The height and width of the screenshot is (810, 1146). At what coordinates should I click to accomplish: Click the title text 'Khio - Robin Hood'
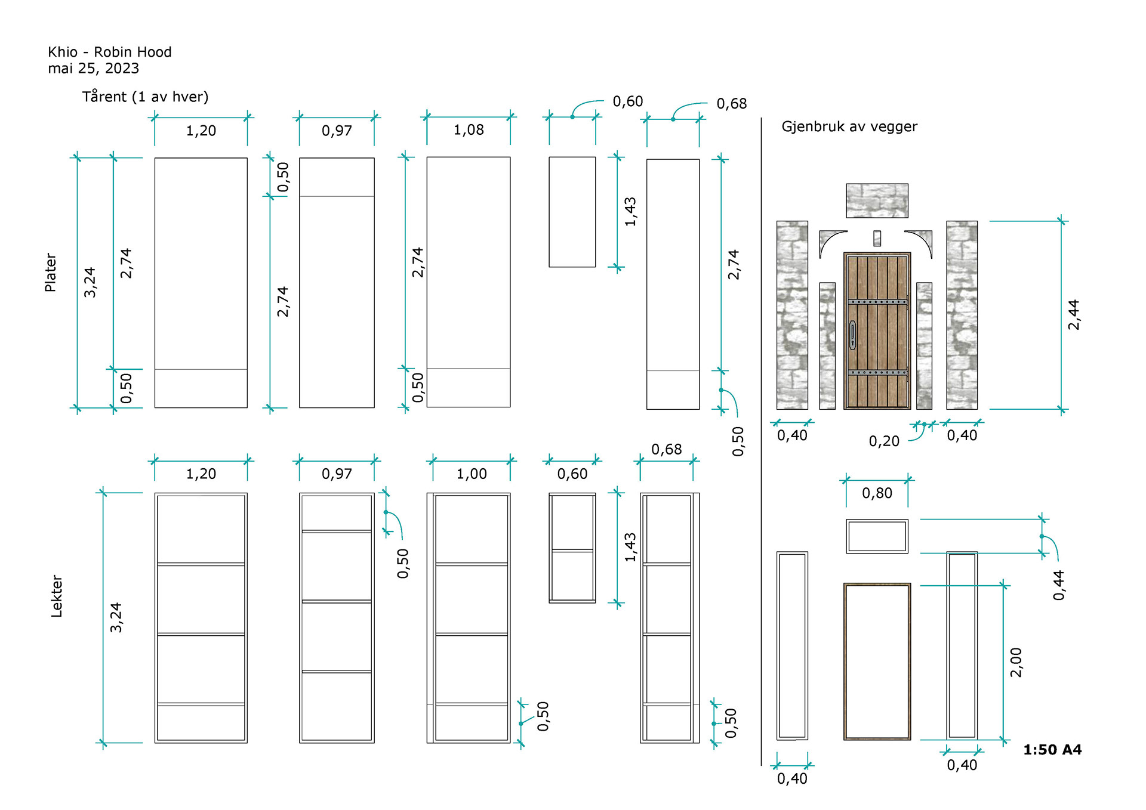click(110, 52)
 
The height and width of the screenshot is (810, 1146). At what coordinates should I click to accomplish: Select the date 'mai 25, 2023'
click(94, 69)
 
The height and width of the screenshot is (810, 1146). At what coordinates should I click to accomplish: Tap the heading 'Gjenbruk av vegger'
click(849, 126)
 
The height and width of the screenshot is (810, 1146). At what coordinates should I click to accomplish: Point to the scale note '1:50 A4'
click(1052, 750)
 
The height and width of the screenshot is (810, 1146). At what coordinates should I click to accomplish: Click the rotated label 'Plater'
click(51, 273)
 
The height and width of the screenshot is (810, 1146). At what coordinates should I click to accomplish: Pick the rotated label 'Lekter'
click(57, 596)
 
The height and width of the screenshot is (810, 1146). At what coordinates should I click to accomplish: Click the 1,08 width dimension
click(469, 130)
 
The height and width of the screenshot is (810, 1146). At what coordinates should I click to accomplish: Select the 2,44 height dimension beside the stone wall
click(1073, 314)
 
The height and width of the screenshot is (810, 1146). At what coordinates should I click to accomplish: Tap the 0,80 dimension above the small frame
click(877, 493)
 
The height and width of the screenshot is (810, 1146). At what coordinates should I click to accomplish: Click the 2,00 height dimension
click(1015, 662)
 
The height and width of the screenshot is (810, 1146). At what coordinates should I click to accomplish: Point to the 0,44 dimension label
click(1058, 585)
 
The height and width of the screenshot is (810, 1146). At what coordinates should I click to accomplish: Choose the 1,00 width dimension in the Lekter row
click(472, 474)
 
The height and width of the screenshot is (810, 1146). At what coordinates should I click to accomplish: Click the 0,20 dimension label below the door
click(883, 441)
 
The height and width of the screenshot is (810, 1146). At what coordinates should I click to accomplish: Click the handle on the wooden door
click(853, 335)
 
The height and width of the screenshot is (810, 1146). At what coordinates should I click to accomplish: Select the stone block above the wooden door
click(877, 200)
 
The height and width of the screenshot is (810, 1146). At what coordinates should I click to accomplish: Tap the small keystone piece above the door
click(877, 238)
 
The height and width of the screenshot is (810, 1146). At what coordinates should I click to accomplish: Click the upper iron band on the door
click(877, 302)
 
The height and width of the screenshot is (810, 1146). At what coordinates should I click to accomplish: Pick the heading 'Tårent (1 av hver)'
click(145, 97)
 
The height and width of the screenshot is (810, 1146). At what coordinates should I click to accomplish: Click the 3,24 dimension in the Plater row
click(90, 282)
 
